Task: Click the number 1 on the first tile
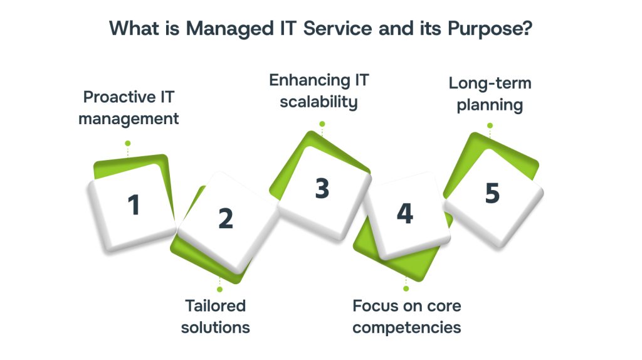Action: click(x=133, y=205)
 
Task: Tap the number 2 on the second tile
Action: click(x=225, y=218)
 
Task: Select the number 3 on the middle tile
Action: click(x=322, y=188)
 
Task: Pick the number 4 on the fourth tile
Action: click(x=405, y=214)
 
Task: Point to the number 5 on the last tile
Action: click(x=492, y=194)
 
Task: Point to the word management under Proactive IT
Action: click(x=129, y=119)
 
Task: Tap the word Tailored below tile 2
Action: click(x=215, y=306)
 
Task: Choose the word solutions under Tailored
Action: click(x=215, y=327)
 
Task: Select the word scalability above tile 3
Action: click(x=318, y=102)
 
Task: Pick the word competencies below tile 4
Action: click(x=406, y=327)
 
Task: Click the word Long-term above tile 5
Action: click(x=490, y=83)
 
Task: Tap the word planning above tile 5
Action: click(x=490, y=105)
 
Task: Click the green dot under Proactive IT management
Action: click(x=128, y=142)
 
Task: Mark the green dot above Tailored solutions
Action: click(x=219, y=289)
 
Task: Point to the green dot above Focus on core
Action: click(x=406, y=289)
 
